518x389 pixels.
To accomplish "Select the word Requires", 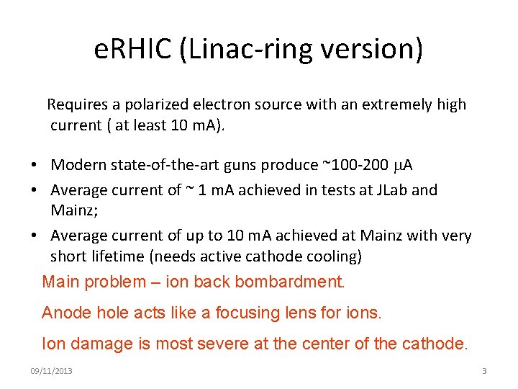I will point(76,104).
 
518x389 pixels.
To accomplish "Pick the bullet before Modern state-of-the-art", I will point(34,166).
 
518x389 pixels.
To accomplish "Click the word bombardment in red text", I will point(292,282).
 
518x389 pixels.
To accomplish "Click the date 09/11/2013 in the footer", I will point(51,371).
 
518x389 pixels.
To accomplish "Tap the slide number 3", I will point(484,371).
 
